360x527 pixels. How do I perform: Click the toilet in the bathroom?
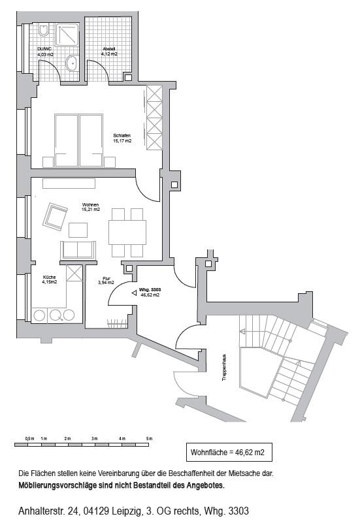[x=44, y=30]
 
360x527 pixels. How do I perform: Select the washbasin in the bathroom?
[x=71, y=63]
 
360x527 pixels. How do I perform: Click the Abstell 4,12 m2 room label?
[x=109, y=52]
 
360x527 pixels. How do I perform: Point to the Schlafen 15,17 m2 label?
[x=122, y=138]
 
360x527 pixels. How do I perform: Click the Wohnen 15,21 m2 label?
[x=91, y=207]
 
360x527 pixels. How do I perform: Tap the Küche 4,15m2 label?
[x=50, y=279]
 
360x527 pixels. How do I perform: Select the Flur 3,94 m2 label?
[x=106, y=281]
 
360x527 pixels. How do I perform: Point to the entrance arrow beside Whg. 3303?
[x=134, y=293]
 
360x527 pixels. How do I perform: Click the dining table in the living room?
[x=127, y=232]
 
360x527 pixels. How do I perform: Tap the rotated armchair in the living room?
[x=55, y=217]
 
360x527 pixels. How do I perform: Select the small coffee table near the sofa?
[x=78, y=231]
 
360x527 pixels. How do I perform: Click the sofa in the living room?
[x=78, y=250]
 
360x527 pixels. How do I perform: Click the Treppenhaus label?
[x=224, y=368]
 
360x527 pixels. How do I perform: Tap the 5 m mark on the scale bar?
[x=149, y=439]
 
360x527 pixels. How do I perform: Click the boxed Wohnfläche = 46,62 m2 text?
[x=227, y=453]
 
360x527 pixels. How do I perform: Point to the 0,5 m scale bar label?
[x=29, y=439]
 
